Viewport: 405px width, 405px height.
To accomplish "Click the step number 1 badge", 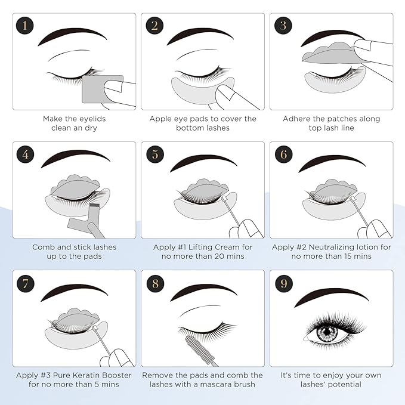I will [25, 25].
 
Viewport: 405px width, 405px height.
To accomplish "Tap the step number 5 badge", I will [154, 154].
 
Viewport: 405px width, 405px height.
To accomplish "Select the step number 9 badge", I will [283, 282].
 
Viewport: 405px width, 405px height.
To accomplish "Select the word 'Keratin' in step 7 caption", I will [90, 375].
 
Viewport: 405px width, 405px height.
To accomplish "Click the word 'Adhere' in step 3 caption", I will [297, 119].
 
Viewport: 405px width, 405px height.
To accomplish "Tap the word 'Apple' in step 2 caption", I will [162, 119].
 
